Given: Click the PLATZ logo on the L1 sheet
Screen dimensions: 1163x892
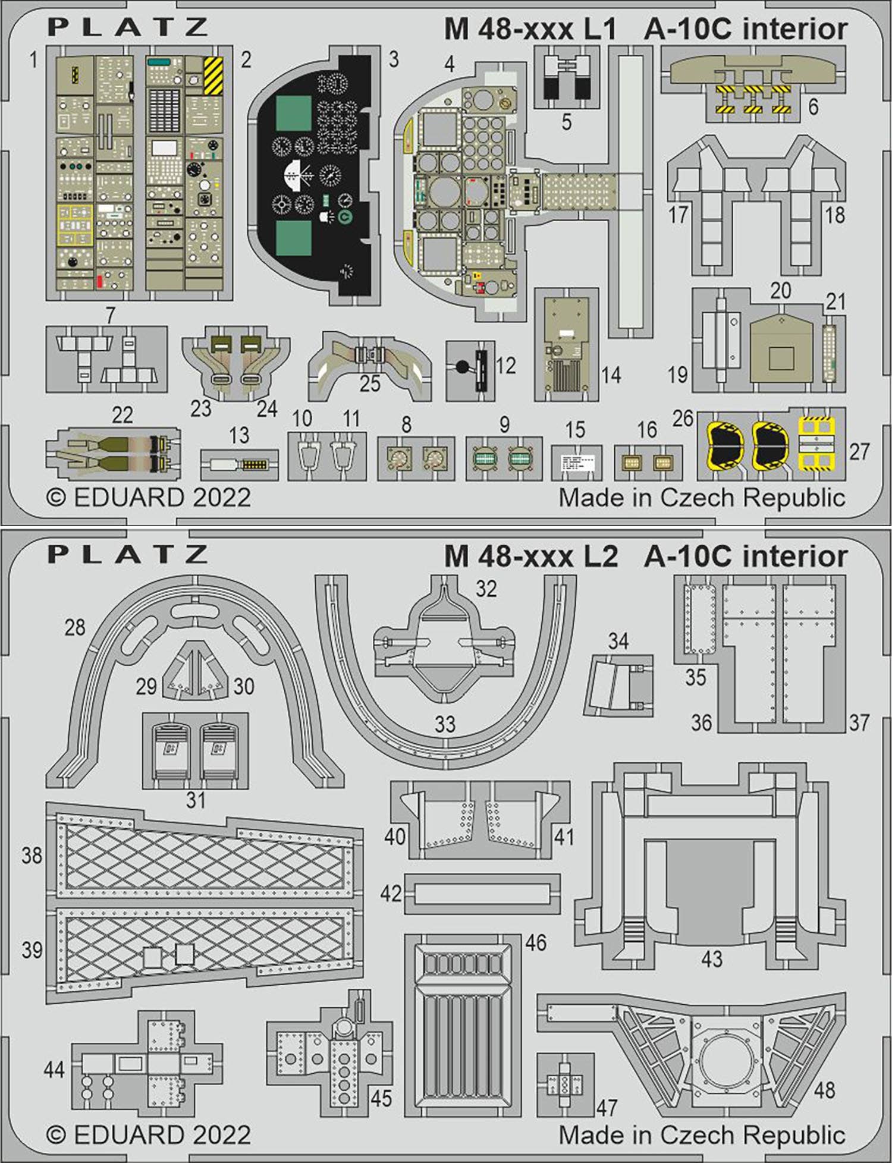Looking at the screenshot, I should tap(128, 28).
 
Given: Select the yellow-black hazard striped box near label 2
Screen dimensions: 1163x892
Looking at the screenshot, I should tap(213, 76).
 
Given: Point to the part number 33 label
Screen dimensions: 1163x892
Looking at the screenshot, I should tap(445, 724).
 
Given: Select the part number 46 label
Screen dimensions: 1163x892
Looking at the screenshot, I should tap(536, 942).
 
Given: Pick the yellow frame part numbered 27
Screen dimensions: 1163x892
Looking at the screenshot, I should tap(816, 443).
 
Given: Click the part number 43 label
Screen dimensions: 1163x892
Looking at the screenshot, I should tap(711, 958).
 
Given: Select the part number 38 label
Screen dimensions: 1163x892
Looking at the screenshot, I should tap(32, 856).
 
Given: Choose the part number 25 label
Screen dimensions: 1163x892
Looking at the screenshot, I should tap(369, 384).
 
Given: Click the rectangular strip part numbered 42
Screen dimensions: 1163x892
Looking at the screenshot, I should tap(482, 894).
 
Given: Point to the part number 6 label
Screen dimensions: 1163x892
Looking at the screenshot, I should tap(813, 106).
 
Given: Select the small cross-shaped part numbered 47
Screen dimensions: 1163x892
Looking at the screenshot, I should tap(565, 1084).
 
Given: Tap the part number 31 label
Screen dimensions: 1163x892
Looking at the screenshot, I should tap(196, 800).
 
